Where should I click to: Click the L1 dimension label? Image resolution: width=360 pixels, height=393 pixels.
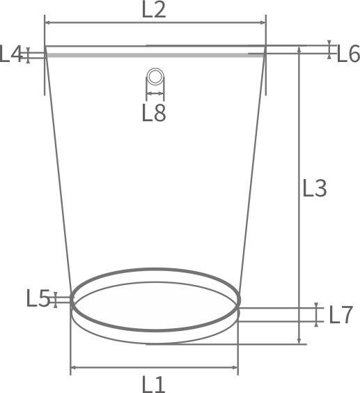coord(154,384)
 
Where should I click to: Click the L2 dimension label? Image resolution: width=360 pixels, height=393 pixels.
coord(154,9)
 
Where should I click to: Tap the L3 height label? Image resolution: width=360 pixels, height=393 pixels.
coord(315,187)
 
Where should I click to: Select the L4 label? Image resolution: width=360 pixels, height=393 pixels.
coord(10,54)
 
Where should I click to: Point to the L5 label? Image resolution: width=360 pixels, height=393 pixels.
coord(38,298)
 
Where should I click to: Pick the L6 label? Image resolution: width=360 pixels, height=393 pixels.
coord(348,54)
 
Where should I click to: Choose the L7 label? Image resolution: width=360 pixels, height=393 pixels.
coord(341,315)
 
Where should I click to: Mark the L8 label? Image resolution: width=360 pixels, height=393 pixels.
coord(154,113)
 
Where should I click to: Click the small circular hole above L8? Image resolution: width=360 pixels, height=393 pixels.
coord(155,76)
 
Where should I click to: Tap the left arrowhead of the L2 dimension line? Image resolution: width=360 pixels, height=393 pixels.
coord(47,22)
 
